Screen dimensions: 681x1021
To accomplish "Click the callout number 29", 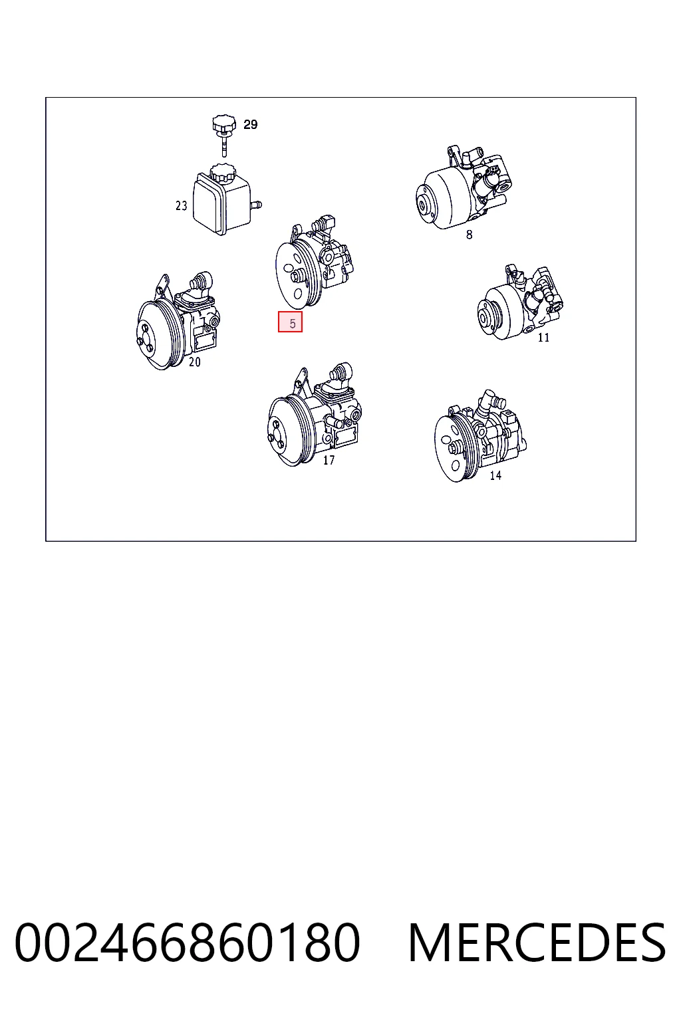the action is tap(251, 124).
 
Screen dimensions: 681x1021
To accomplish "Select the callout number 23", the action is tap(181, 206).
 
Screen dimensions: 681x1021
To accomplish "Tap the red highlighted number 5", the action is tap(290, 322).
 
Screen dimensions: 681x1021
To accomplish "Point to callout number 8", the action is tap(469, 235).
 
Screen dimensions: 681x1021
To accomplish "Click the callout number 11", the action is tap(544, 338).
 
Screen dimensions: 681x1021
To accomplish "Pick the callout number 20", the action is tap(195, 362).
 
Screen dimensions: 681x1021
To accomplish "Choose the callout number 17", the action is tap(329, 461).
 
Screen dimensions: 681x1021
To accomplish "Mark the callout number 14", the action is tap(495, 475).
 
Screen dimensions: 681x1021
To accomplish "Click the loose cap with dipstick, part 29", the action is tap(224, 135).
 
